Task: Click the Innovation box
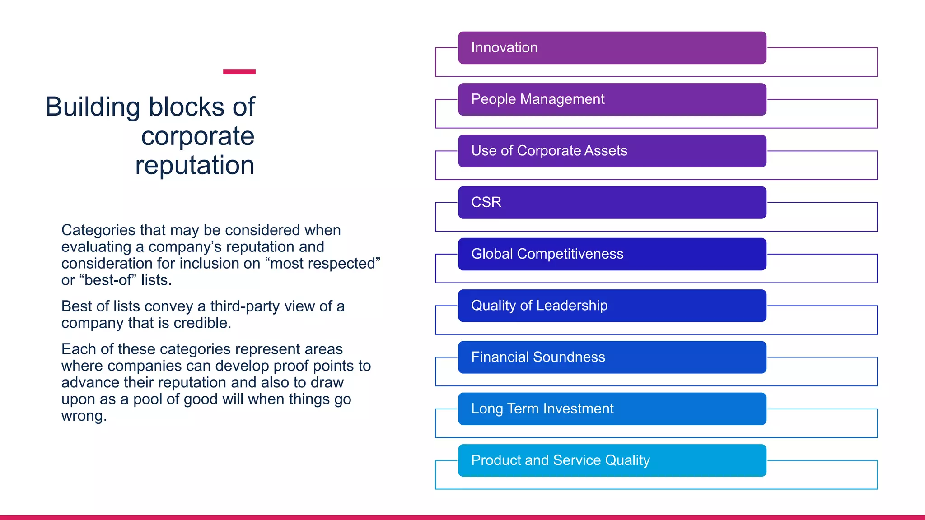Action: pyautogui.click(x=612, y=48)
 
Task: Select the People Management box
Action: pyautogui.click(x=612, y=99)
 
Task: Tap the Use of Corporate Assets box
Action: pyautogui.click(x=612, y=151)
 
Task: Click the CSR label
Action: pyautogui.click(x=486, y=202)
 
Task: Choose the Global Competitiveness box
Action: pyautogui.click(x=612, y=254)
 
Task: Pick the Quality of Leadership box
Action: pyautogui.click(x=612, y=306)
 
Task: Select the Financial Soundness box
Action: pyautogui.click(x=612, y=357)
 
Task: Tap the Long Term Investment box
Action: pyautogui.click(x=612, y=409)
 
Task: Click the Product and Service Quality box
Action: pyautogui.click(x=612, y=460)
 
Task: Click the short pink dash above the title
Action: pyautogui.click(x=239, y=72)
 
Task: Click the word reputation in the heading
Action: pyautogui.click(x=195, y=165)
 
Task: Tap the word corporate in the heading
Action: pyautogui.click(x=198, y=136)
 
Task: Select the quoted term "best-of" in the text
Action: pyautogui.click(x=107, y=280)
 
